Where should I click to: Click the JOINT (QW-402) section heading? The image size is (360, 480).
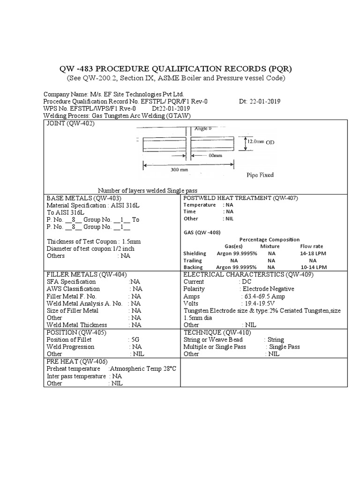tap(70, 124)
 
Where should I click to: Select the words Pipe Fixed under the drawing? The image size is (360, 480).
tap(260, 175)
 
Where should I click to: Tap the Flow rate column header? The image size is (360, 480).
tap(311, 246)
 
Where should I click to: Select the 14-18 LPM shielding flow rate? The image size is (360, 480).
tap(313, 253)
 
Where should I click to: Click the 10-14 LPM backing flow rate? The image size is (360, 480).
tap(313, 267)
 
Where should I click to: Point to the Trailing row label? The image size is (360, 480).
tap(192, 260)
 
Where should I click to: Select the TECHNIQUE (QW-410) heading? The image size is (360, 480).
tap(217, 332)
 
